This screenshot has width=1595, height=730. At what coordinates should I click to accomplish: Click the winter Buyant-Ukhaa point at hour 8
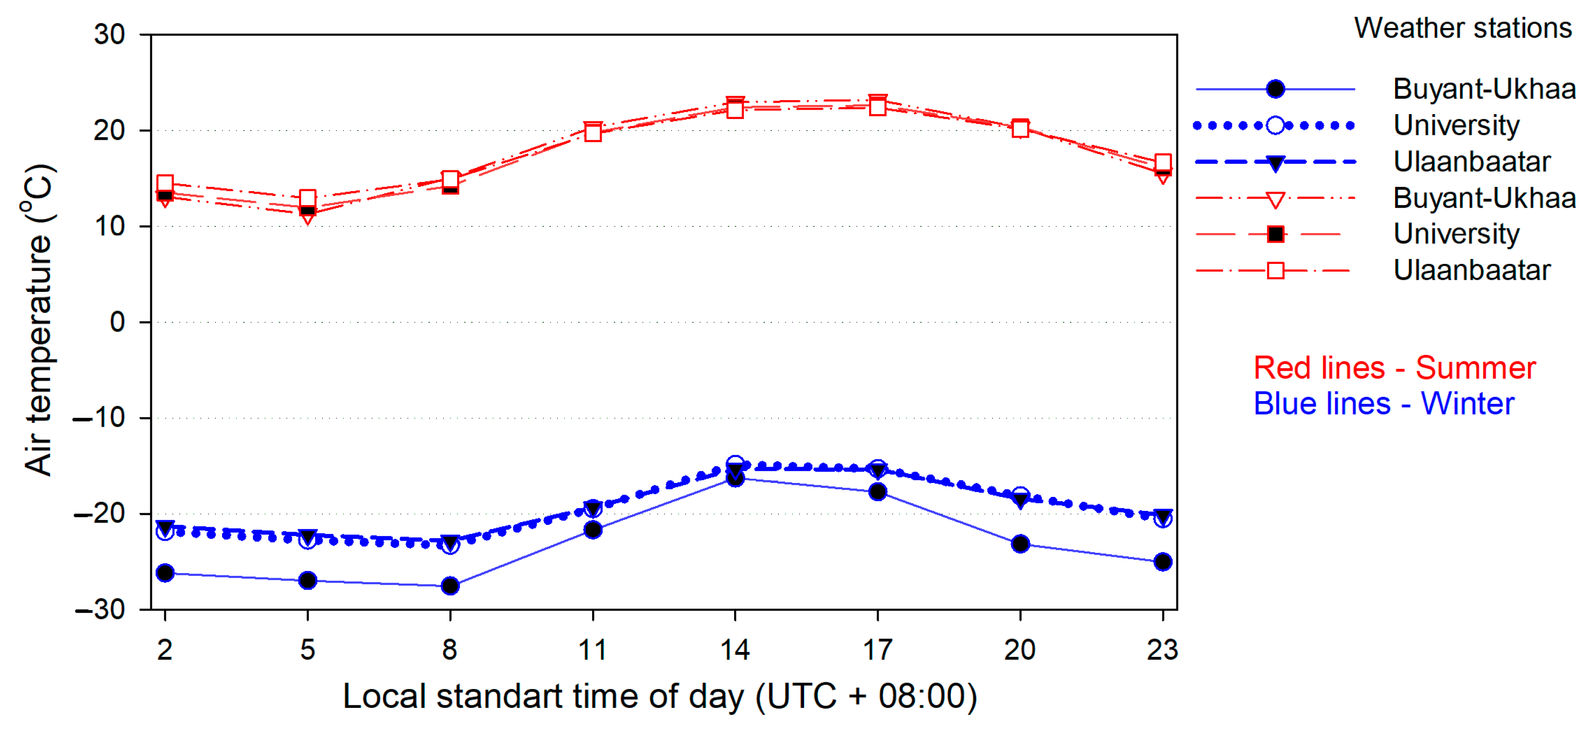tap(450, 585)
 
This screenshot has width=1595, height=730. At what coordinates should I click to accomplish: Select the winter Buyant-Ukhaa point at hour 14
tap(735, 478)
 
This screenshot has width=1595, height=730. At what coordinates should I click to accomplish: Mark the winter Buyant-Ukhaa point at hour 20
tap(1020, 544)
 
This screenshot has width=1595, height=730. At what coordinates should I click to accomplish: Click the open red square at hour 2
tap(165, 182)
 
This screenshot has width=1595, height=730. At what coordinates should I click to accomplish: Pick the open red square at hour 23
tap(1163, 162)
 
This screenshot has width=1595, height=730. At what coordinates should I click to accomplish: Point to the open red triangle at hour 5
tap(308, 217)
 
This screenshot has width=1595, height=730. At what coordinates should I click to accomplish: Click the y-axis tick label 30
tap(110, 35)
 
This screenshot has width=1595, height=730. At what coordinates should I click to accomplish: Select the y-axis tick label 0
tap(117, 322)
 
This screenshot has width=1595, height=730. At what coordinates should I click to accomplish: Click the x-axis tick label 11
tap(593, 650)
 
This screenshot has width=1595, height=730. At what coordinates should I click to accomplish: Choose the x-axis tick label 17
tap(877, 650)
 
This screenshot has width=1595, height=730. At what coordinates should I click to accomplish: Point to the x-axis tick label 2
tap(165, 650)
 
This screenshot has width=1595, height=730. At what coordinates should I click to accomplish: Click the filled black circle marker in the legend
tap(1275, 89)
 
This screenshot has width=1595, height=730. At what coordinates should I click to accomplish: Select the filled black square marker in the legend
tap(1275, 234)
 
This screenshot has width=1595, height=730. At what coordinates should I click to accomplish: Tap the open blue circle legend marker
tap(1275, 126)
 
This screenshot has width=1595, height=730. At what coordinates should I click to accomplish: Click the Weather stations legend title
tap(1463, 28)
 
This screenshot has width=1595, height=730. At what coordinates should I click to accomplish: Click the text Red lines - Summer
tap(1395, 368)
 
